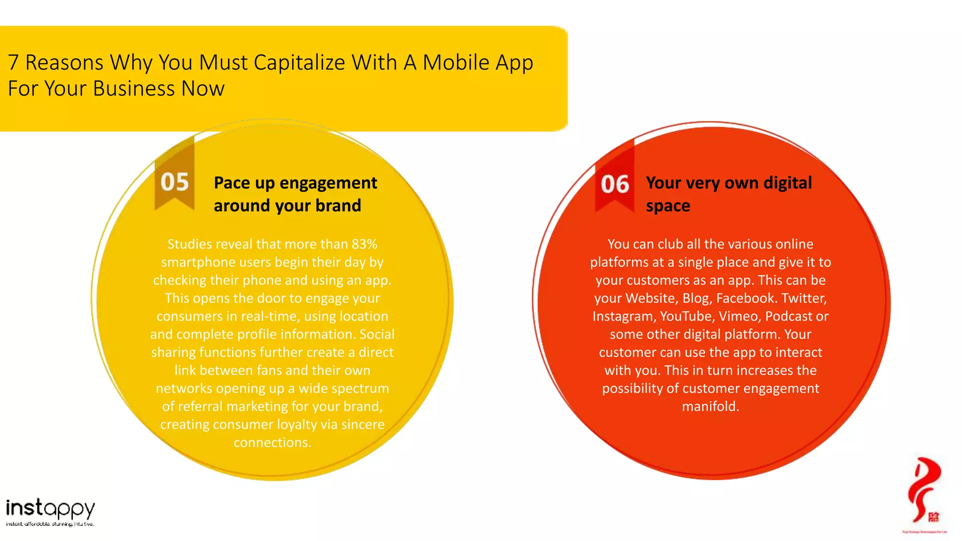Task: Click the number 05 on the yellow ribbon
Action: point(174,182)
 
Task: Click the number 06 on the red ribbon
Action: point(614,184)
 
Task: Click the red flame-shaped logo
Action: point(924,491)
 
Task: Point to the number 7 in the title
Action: point(13,62)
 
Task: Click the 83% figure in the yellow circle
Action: point(365,244)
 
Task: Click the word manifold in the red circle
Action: point(710,407)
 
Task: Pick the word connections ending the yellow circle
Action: point(272,442)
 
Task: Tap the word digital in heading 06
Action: point(787,183)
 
